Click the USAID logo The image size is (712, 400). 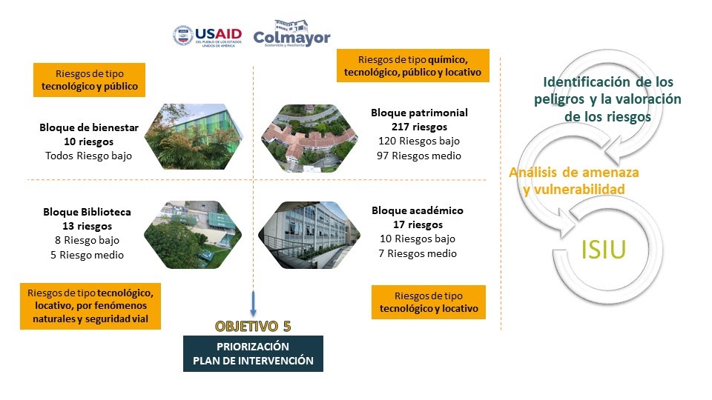[207, 36]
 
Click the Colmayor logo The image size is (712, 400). [291, 33]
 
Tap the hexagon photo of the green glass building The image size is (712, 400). [194, 136]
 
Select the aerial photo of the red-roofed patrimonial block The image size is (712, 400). [309, 139]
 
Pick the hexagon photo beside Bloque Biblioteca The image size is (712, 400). [193, 235]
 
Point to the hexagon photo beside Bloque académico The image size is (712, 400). [309, 235]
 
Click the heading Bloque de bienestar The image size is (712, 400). [89, 127]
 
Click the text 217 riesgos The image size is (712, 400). [419, 127]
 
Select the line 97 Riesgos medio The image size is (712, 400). [418, 156]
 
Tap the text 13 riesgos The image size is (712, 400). [88, 226]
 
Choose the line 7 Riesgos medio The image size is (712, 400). [418, 253]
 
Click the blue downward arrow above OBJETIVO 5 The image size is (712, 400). [254, 304]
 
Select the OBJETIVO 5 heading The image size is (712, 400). [253, 326]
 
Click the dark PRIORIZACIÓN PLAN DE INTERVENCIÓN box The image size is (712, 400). [253, 354]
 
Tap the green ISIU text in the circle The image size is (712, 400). [604, 249]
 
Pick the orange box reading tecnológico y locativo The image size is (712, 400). [428, 302]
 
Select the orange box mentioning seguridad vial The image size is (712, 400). [90, 306]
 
